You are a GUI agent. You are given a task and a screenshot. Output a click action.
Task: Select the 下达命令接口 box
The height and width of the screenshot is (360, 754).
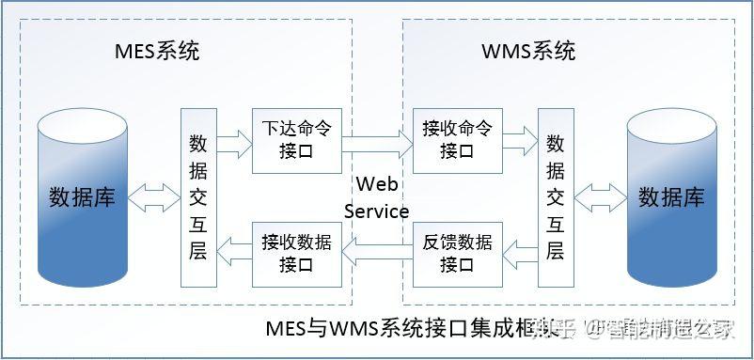(296, 140)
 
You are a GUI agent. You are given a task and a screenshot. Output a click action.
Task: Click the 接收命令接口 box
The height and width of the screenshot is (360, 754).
(458, 140)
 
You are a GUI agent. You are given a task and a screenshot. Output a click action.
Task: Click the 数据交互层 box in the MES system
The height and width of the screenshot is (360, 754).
(198, 197)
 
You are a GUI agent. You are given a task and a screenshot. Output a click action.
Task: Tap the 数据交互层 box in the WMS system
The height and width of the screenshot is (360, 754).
(555, 197)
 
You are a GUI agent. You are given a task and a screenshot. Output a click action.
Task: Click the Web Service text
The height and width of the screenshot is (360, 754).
(376, 196)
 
